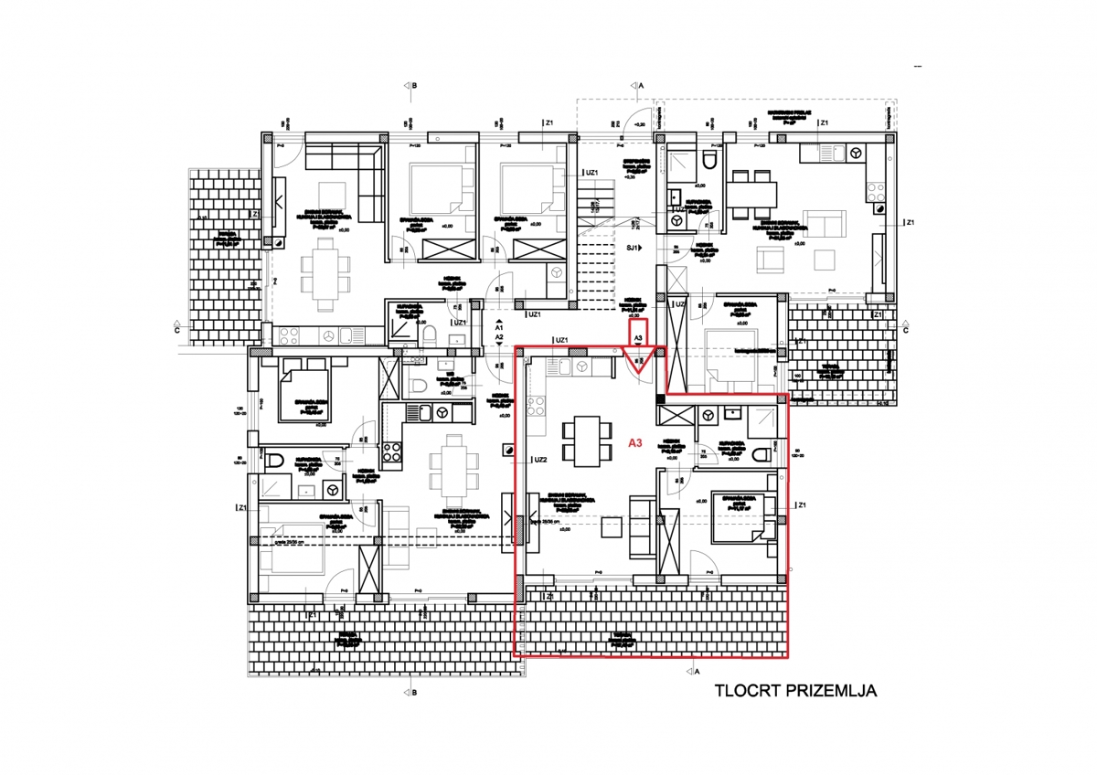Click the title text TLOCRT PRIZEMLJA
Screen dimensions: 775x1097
[x=795, y=691]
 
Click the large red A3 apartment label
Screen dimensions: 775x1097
[x=635, y=441]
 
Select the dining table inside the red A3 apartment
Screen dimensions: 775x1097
[x=582, y=439]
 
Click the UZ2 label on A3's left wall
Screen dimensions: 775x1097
[x=539, y=460]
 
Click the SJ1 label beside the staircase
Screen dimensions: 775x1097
[x=632, y=248]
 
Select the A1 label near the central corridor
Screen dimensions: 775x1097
[x=498, y=324]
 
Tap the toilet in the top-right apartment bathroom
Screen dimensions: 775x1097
[x=709, y=165]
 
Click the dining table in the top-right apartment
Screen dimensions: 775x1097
[x=751, y=194]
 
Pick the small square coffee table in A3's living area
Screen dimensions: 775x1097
[x=611, y=527]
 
